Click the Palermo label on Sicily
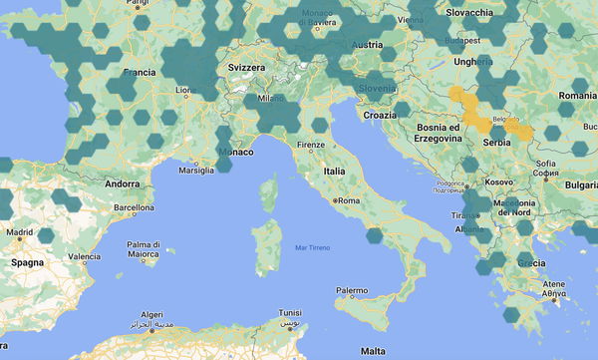pyautogui.click(x=350, y=291)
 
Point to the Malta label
pyautogui.click(x=373, y=351)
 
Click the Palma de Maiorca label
pyautogui.click(x=144, y=248)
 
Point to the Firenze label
pyautogui.click(x=310, y=146)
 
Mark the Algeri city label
pyautogui.click(x=152, y=313)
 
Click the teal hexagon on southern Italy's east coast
pyautogui.click(x=375, y=236)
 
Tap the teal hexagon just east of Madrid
pyautogui.click(x=45, y=236)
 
